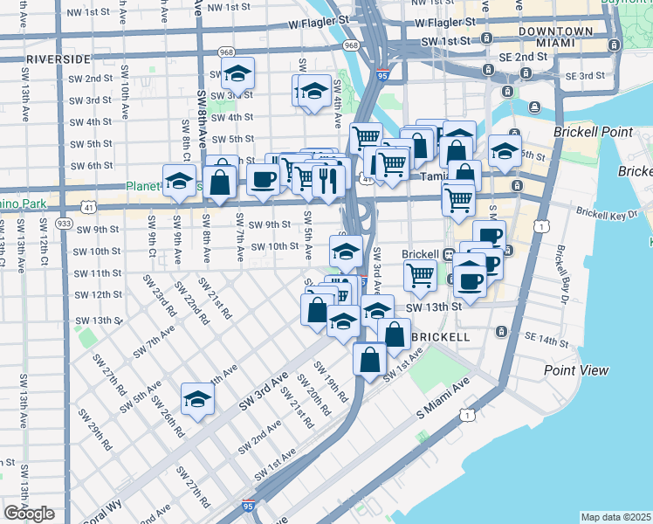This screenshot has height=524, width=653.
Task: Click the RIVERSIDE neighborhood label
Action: [x=58, y=59]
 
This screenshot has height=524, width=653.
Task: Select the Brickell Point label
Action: [x=591, y=132]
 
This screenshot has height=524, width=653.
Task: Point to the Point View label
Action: [x=575, y=370]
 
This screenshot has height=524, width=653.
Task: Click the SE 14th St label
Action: [x=546, y=337]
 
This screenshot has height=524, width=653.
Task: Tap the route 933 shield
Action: [x=65, y=224]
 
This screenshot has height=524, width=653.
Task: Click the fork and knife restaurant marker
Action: [x=327, y=180]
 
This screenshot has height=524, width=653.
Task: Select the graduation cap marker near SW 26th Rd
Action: [x=197, y=400]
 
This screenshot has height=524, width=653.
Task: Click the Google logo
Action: [x=30, y=514]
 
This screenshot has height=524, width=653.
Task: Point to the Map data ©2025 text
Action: [x=616, y=517]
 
